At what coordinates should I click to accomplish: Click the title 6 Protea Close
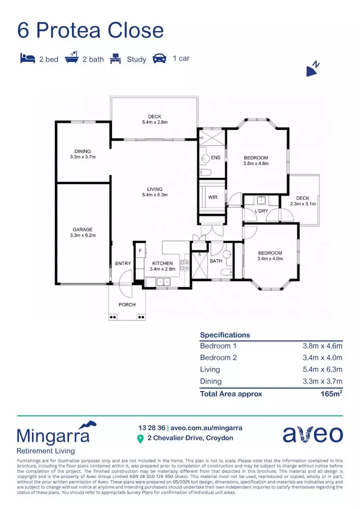pyautogui.click(x=90, y=30)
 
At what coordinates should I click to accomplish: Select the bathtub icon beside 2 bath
pyautogui.click(x=71, y=59)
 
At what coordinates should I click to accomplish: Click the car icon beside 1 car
pyautogui.click(x=160, y=59)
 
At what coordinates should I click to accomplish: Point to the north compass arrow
pyautogui.click(x=313, y=70)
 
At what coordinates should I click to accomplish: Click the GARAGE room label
pyautogui.click(x=82, y=230)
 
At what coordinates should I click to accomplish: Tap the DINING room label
pyautogui.click(x=82, y=151)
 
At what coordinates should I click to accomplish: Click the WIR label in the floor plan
pyautogui.click(x=213, y=197)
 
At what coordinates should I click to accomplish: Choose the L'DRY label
pyautogui.click(x=261, y=211)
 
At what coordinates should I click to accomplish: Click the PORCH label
pyautogui.click(x=127, y=305)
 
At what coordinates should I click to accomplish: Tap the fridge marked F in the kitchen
pyautogui.click(x=140, y=250)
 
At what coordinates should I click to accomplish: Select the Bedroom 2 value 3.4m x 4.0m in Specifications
pyautogui.click(x=322, y=357)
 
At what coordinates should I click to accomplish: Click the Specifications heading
pyautogui.click(x=225, y=335)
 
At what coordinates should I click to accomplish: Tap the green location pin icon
pyautogui.click(x=140, y=439)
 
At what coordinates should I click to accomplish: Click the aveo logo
pyautogui.click(x=312, y=434)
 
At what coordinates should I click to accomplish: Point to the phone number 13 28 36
pyautogui.click(x=151, y=428)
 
